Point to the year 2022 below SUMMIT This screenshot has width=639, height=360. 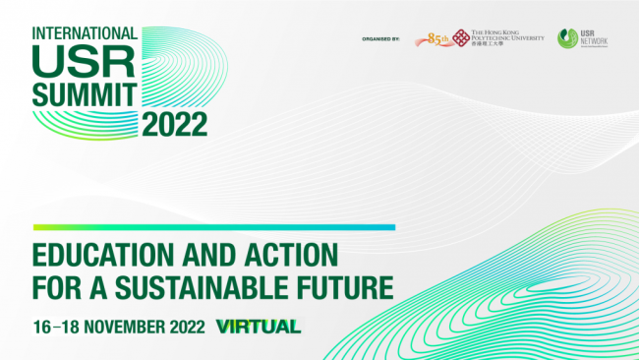click(174, 124)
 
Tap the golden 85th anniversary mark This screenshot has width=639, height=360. click(436, 39)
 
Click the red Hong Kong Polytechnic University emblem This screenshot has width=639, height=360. click(461, 38)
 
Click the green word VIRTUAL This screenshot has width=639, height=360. click(259, 326)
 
